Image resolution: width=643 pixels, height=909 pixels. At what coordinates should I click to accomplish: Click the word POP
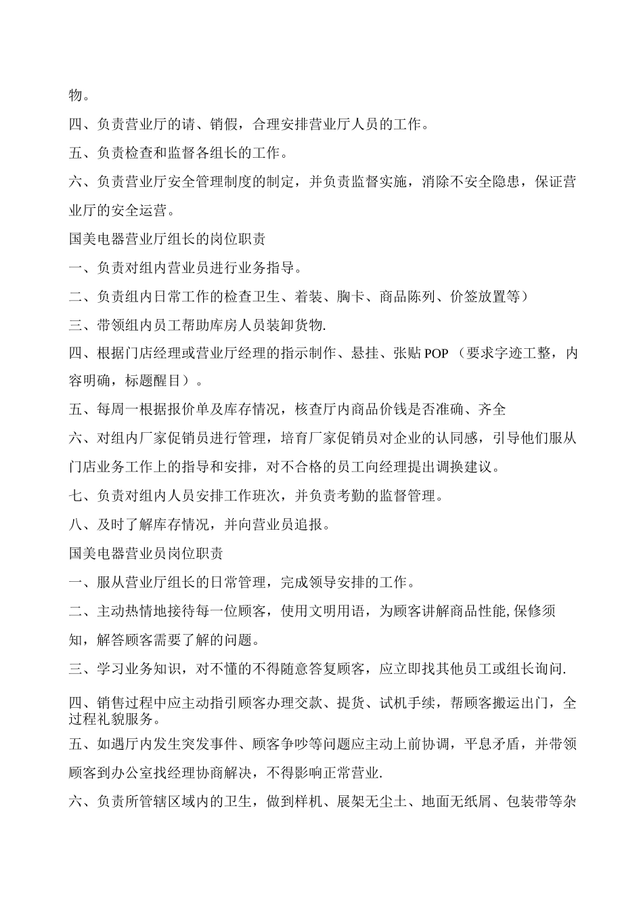[437, 354]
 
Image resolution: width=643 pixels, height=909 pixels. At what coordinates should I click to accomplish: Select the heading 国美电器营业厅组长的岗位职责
[167, 239]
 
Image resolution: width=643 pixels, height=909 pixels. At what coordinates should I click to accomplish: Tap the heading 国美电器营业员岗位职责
[146, 553]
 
